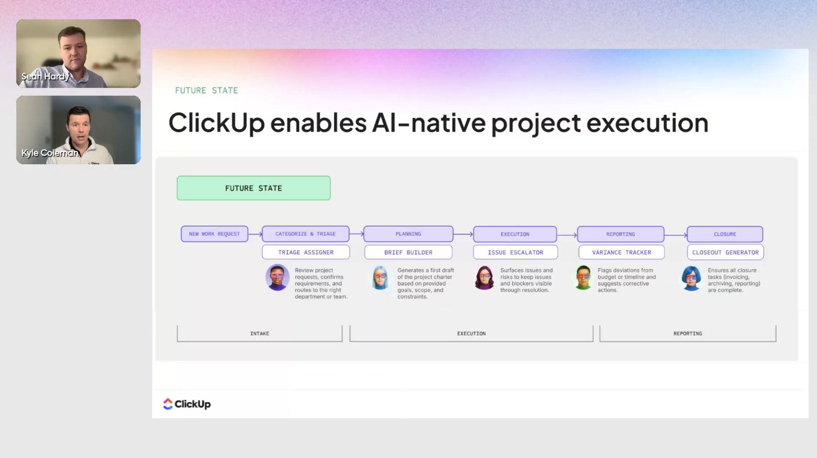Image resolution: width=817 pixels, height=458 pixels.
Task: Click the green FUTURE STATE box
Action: tap(254, 188)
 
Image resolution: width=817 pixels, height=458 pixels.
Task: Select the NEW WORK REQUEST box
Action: tap(214, 234)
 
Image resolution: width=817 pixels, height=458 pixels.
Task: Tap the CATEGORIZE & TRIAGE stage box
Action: tap(306, 234)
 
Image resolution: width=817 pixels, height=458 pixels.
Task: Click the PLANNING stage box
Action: tap(408, 234)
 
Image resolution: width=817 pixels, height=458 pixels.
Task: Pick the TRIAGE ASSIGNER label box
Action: tap(306, 252)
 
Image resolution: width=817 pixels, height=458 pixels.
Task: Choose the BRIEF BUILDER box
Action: tap(408, 252)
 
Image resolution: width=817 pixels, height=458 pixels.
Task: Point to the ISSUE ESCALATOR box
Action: tap(515, 252)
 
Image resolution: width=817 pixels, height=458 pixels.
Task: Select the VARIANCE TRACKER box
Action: tap(621, 252)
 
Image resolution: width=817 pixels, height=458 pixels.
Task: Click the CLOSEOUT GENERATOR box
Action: tap(725, 252)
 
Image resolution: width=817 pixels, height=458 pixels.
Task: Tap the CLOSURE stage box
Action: tap(725, 234)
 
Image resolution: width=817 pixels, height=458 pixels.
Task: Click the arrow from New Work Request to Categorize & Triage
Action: tap(255, 234)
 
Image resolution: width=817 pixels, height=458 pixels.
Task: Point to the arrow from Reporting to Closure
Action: tap(676, 235)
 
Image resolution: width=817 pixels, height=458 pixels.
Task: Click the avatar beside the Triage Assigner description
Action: tap(277, 278)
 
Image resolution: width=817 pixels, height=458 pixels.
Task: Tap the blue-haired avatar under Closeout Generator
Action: tap(691, 278)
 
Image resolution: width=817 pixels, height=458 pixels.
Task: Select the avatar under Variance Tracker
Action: tap(583, 278)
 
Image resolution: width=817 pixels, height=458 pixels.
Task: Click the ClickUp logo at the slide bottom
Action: tap(187, 404)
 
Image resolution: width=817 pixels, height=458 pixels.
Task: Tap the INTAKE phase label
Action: tap(260, 333)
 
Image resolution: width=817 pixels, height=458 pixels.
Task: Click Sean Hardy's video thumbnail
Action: tap(78, 53)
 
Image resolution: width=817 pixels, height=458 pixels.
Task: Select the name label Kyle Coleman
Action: tap(50, 153)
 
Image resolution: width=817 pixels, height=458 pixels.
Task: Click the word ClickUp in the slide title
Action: tap(217, 122)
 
